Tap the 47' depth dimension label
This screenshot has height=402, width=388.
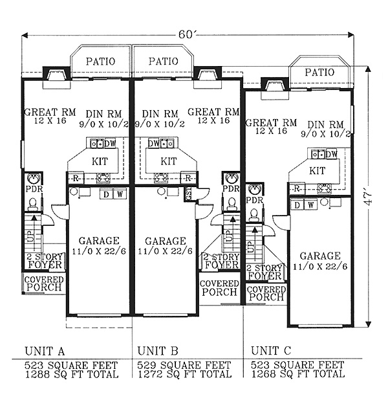coord(369,199)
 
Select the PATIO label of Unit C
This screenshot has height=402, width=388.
coord(319,73)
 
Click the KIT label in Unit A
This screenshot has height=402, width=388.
coord(100,162)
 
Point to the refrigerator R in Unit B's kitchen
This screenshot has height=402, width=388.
coord(188,178)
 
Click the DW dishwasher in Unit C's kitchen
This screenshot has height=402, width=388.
coord(332,154)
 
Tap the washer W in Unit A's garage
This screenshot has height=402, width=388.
coord(120,194)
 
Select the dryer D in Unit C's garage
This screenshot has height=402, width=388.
coord(297,205)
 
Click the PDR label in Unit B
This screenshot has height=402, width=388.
coord(231,188)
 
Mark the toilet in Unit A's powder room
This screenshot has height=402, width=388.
coord(32,205)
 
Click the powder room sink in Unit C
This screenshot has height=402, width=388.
coord(255,190)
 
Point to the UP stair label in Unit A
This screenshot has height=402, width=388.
coord(29,236)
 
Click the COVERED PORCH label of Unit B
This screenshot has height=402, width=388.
coord(219,287)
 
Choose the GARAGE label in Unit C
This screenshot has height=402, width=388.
coord(320,256)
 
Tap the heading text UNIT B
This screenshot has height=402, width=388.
coord(158,351)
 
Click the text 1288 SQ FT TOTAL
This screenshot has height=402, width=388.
coord(72,374)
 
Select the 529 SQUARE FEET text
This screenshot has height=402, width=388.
coord(184,365)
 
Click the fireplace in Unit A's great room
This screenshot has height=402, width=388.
coord(56,77)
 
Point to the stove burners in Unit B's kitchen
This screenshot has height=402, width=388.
coord(160,177)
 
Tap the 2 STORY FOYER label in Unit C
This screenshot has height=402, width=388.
coord(265,273)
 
